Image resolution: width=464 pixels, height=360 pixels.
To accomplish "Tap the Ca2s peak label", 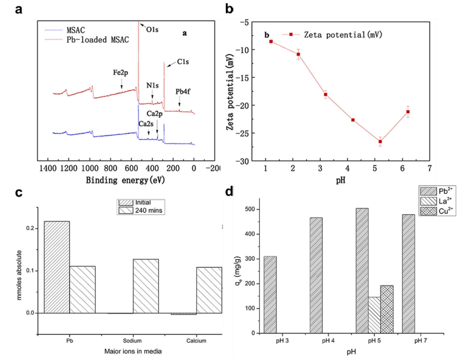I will (145, 124).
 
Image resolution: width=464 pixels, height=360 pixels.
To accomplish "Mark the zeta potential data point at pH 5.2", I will (380, 141).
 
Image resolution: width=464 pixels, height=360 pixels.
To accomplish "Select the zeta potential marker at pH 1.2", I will (271, 42).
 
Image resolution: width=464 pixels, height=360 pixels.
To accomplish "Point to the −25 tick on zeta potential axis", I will (251, 133).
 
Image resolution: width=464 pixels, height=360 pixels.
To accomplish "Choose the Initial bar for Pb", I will (57, 267).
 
